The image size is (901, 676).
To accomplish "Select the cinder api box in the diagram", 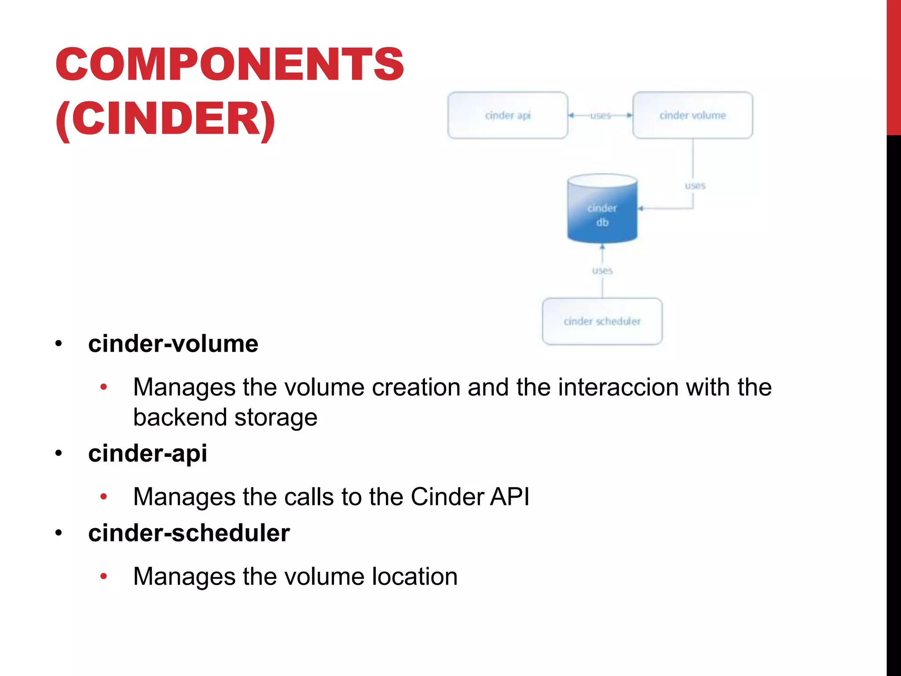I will pyautogui.click(x=508, y=115).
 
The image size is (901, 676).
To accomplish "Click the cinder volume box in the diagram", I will pyautogui.click(x=692, y=115).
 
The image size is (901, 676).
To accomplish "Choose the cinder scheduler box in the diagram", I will pyautogui.click(x=602, y=321).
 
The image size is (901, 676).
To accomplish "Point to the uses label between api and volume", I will pyautogui.click(x=601, y=115).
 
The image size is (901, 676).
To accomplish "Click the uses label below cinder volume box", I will pyautogui.click(x=695, y=186).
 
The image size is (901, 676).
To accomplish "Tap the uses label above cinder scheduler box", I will pyautogui.click(x=602, y=270).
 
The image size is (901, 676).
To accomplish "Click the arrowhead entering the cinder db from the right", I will pyautogui.click(x=641, y=208).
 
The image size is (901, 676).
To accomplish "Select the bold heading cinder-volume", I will pyautogui.click(x=173, y=344).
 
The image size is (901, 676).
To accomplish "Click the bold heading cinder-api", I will pyautogui.click(x=147, y=453).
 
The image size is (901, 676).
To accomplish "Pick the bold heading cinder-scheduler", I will pyautogui.click(x=189, y=533).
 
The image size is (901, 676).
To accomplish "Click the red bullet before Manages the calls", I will pyautogui.click(x=104, y=497).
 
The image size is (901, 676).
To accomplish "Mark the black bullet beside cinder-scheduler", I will pyautogui.click(x=59, y=533).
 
